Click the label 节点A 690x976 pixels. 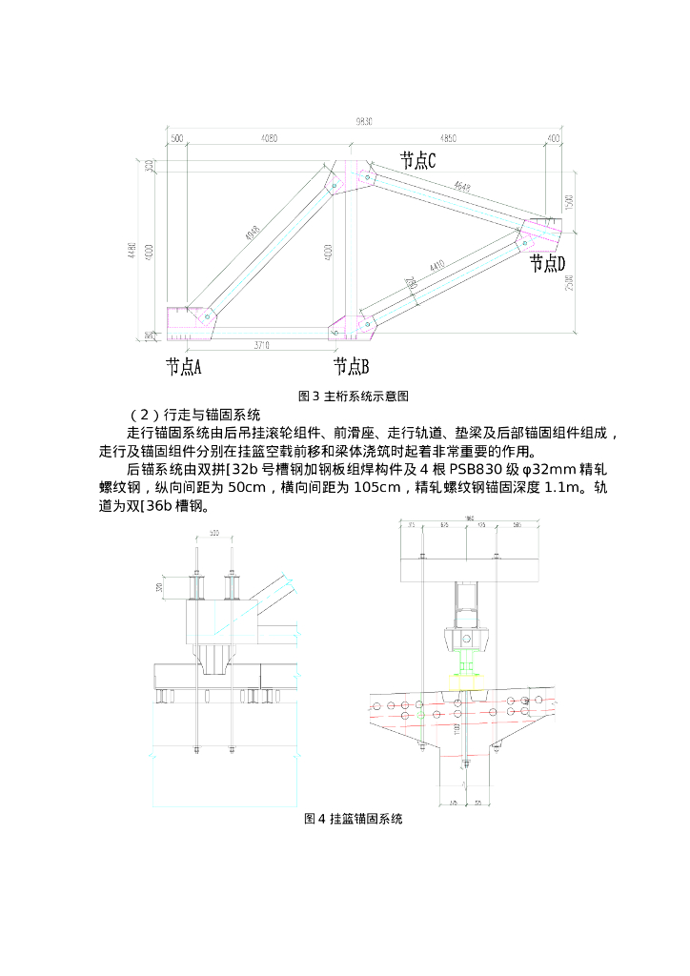pos(183,366)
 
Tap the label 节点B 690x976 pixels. pos(351,366)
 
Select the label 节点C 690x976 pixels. pos(417,161)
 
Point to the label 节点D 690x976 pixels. pos(548,263)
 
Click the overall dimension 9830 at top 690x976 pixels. pos(363,121)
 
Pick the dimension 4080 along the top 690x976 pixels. pos(269,138)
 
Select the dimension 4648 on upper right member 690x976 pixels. pos(463,187)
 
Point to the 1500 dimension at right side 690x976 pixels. pos(569,203)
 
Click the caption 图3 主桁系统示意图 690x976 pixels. pos(354,396)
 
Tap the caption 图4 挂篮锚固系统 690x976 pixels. pos(354,819)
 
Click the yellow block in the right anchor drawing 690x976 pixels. pos(467,679)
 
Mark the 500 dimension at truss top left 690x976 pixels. pos(176,138)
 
